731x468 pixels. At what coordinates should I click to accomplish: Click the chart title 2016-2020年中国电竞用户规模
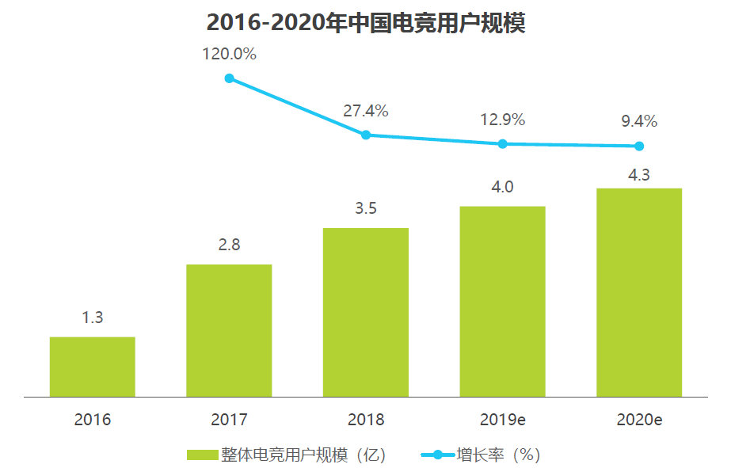pyautogui.click(x=366, y=22)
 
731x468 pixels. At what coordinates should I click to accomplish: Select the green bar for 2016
pyautogui.click(x=93, y=367)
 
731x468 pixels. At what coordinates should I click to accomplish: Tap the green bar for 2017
pyautogui.click(x=229, y=330)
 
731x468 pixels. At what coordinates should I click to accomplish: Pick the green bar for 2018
pyautogui.click(x=366, y=312)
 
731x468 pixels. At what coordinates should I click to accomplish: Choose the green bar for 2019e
pyautogui.click(x=502, y=301)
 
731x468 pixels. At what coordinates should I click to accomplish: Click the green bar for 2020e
pyautogui.click(x=639, y=292)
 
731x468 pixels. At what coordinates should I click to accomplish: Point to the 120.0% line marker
pyautogui.click(x=230, y=78)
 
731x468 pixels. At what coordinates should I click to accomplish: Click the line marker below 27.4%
pyautogui.click(x=366, y=135)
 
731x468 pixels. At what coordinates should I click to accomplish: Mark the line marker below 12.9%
pyautogui.click(x=502, y=143)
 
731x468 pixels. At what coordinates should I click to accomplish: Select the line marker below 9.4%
pyautogui.click(x=639, y=146)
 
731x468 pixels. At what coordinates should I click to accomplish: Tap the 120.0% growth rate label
pyautogui.click(x=229, y=55)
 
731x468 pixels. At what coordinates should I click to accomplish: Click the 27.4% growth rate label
pyautogui.click(x=366, y=112)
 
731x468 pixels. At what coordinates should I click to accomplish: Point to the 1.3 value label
pyautogui.click(x=93, y=318)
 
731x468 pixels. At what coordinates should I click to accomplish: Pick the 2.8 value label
pyautogui.click(x=229, y=245)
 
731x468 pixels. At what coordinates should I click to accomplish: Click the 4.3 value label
pyautogui.click(x=639, y=175)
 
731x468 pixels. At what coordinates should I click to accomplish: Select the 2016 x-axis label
pyautogui.click(x=93, y=420)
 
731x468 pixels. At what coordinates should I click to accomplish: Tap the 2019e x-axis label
pyautogui.click(x=502, y=420)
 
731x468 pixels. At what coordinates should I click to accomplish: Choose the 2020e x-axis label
pyautogui.click(x=639, y=420)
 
